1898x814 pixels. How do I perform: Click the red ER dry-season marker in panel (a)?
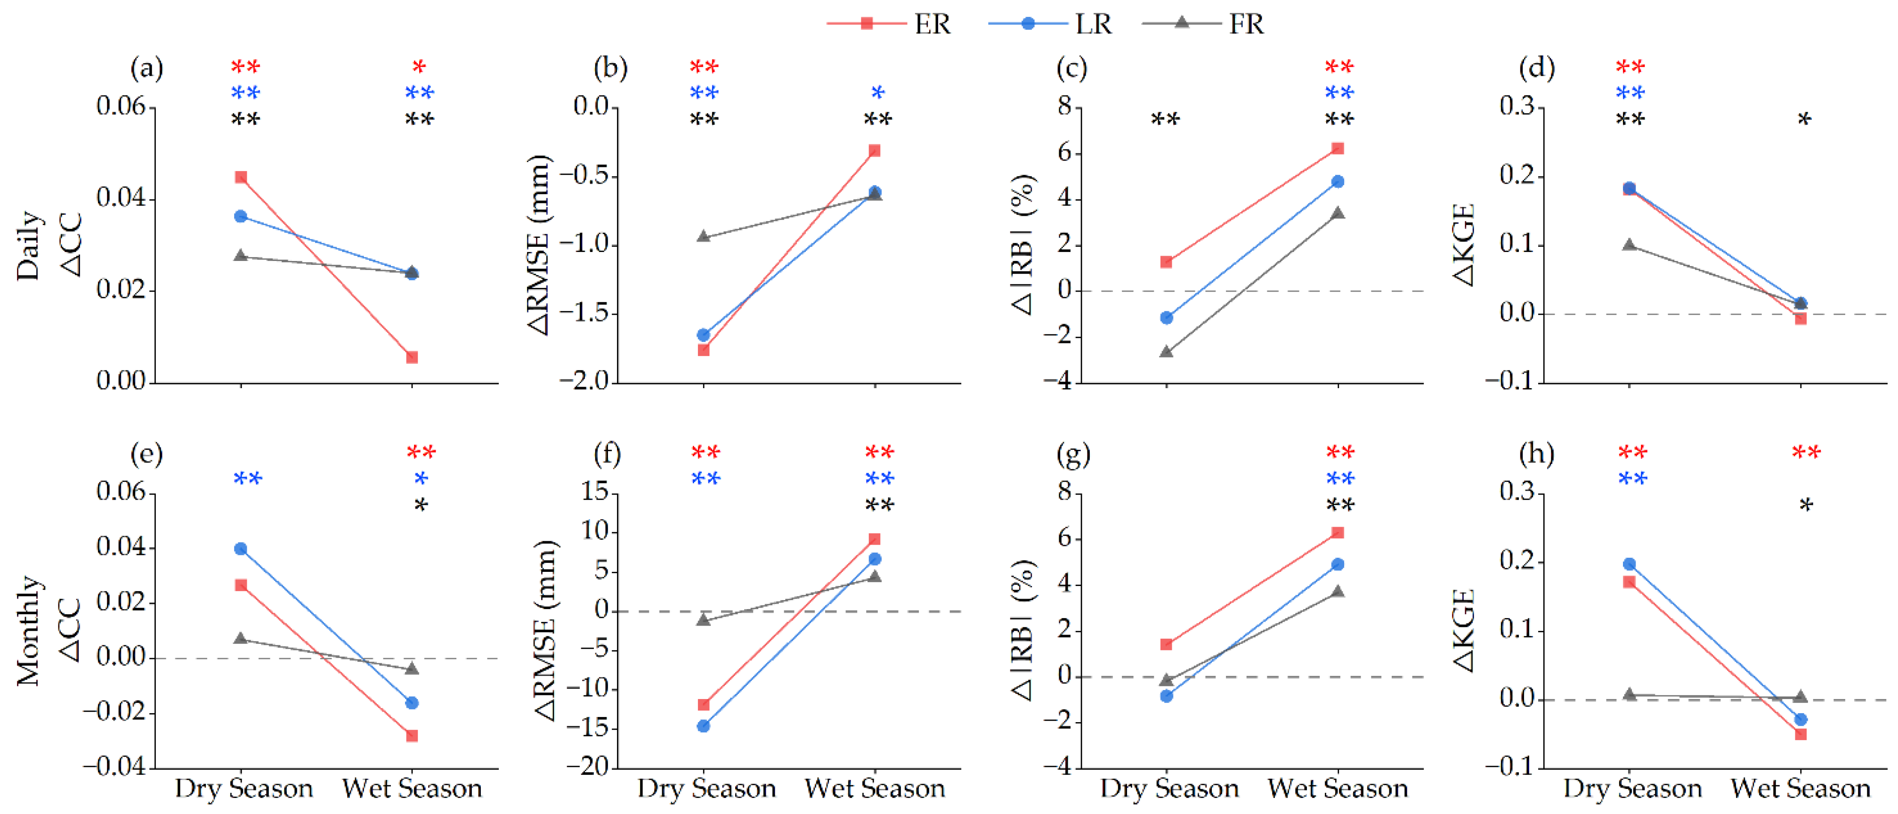coord(241,177)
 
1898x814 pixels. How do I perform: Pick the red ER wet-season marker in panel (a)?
coord(413,357)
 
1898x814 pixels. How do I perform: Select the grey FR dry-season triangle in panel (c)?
coord(1167,351)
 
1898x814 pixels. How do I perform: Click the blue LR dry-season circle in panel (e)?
coord(241,549)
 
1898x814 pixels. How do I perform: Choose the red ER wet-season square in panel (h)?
coord(1801,734)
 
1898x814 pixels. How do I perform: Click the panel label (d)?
coord(1537,68)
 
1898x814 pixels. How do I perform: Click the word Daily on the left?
coord(28,245)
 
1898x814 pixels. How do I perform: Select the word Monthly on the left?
coord(28,631)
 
